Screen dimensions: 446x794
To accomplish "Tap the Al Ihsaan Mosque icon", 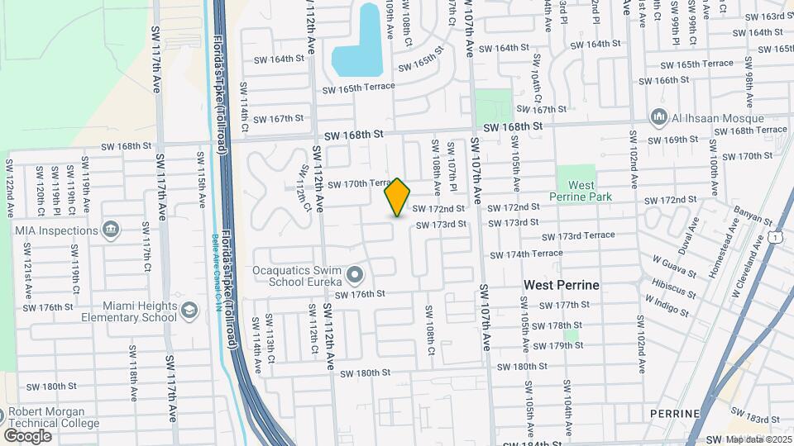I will click(x=659, y=116).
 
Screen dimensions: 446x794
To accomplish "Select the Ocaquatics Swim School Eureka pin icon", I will click(x=356, y=273).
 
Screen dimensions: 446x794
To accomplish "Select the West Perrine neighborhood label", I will click(x=561, y=285).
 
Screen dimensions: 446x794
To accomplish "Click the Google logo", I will click(x=27, y=435).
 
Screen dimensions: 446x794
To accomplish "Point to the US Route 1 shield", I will click(x=774, y=238).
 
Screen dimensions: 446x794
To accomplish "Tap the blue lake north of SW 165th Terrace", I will click(x=361, y=45).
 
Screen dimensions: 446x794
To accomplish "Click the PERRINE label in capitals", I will click(x=675, y=413).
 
